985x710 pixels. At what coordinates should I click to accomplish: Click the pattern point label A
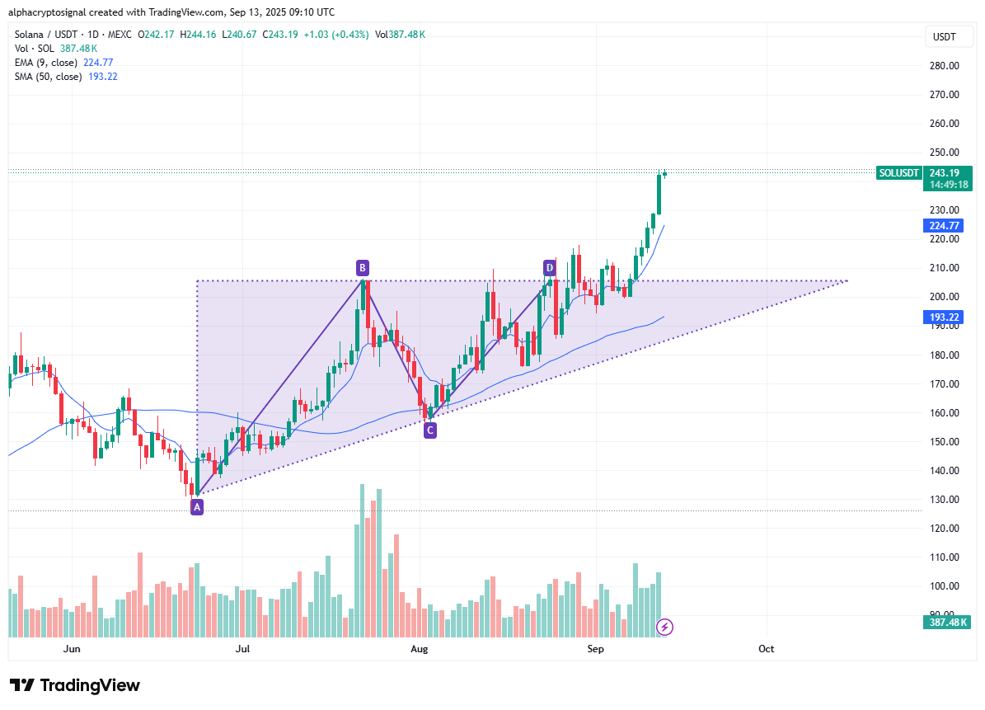(196, 507)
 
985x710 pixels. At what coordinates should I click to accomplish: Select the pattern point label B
(362, 267)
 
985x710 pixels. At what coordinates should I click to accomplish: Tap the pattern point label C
(429, 429)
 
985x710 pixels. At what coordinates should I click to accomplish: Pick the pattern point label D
(549, 267)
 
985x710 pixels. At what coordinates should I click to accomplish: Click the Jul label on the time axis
(242, 649)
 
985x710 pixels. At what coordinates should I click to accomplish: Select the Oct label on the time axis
(766, 649)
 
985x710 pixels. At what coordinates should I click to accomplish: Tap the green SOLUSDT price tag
(898, 172)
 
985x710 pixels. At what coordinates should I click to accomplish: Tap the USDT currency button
(944, 37)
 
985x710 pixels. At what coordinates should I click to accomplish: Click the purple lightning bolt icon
(664, 628)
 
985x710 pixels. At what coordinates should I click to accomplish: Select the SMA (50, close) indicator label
(49, 76)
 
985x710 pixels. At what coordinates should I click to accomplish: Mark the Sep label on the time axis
(595, 649)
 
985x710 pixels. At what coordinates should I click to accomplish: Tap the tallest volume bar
(362, 561)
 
